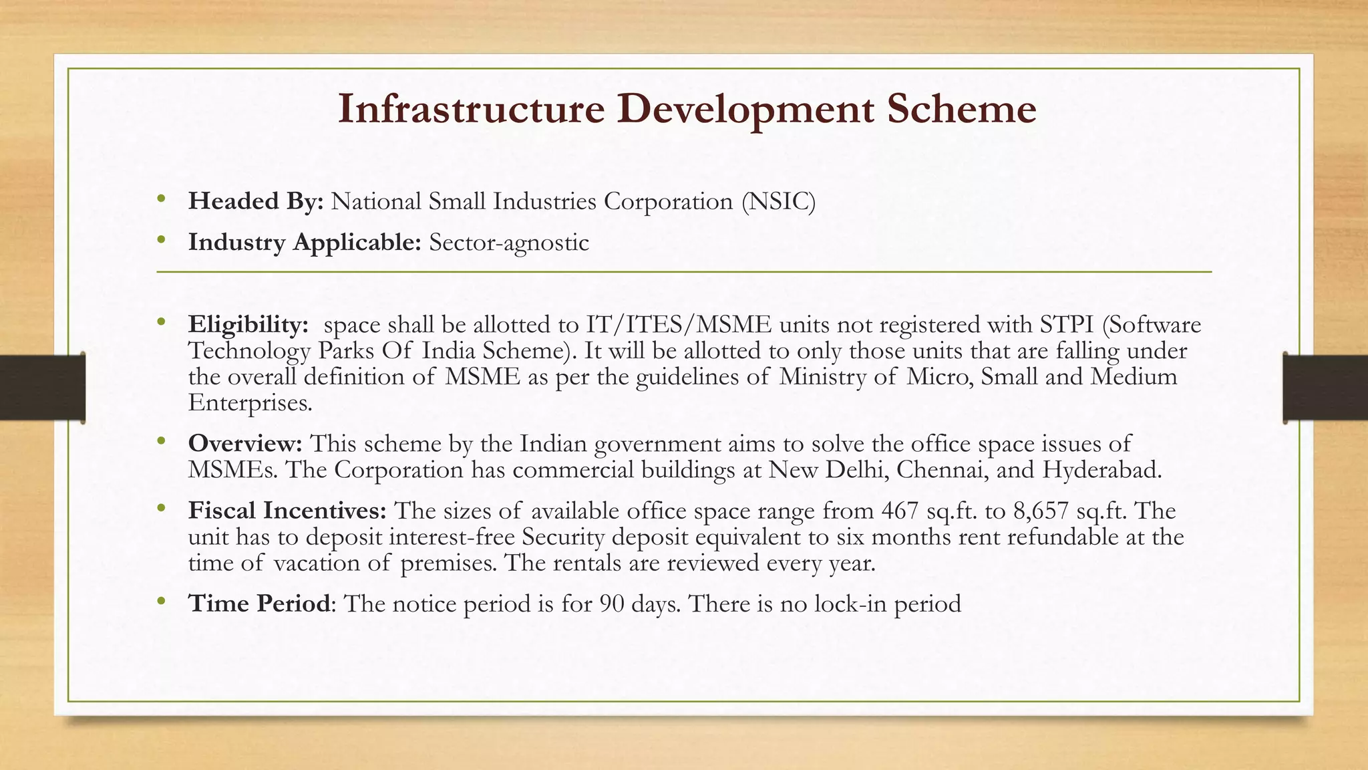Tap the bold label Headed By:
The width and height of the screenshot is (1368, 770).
pyautogui.click(x=256, y=201)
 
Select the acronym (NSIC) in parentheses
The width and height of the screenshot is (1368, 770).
pyautogui.click(x=778, y=201)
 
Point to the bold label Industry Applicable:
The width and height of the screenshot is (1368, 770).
pyautogui.click(x=305, y=243)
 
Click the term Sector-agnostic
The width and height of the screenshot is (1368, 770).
pyautogui.click(x=509, y=243)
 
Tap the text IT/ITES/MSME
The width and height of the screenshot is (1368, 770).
pyautogui.click(x=679, y=325)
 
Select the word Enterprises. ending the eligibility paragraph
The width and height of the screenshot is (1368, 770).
pyautogui.click(x=250, y=403)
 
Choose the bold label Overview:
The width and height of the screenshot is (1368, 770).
pyautogui.click(x=245, y=444)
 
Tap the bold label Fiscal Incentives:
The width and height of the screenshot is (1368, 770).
pyautogui.click(x=287, y=511)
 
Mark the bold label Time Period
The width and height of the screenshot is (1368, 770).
pyautogui.click(x=259, y=604)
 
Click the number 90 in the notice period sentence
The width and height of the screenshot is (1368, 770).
pyautogui.click(x=612, y=604)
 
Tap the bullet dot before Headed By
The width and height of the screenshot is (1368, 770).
pyautogui.click(x=160, y=199)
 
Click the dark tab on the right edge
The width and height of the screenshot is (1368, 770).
pyautogui.click(x=1325, y=388)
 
